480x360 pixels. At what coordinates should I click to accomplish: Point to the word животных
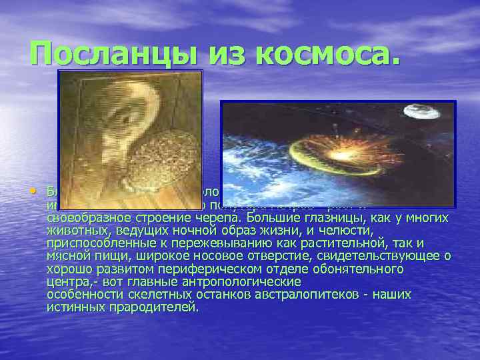(73, 229)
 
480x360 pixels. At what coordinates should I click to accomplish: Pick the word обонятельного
(361, 269)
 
